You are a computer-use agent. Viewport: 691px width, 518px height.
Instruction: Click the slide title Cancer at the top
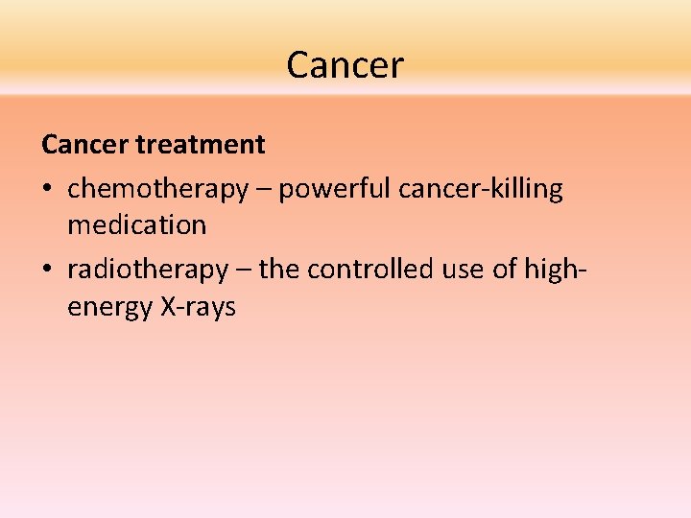click(x=345, y=65)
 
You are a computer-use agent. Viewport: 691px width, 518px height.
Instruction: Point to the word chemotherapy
click(x=157, y=189)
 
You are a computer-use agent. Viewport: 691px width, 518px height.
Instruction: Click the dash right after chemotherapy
click(x=263, y=190)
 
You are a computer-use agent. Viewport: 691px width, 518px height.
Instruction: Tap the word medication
click(x=136, y=225)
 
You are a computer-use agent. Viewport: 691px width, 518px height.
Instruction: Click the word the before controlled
click(x=279, y=271)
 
